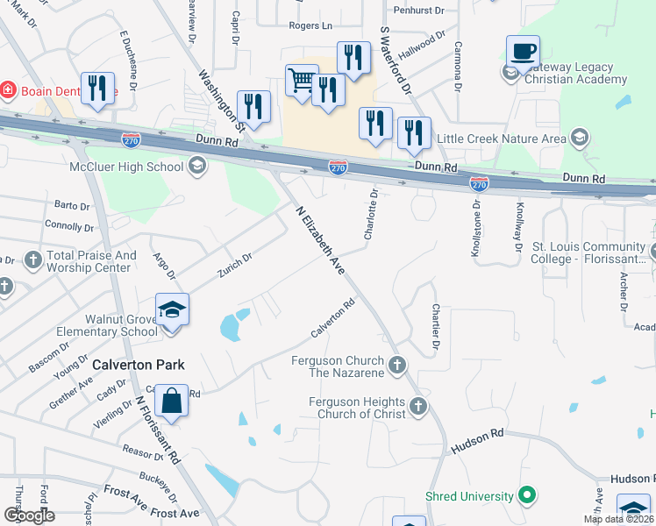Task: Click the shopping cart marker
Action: (302, 82)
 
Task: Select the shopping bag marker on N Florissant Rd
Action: (172, 402)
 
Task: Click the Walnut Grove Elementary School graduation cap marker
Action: (172, 309)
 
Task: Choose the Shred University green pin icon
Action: (527, 496)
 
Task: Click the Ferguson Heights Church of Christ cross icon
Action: (417, 406)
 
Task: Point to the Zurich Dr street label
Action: (235, 264)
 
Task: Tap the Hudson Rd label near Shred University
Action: (477, 441)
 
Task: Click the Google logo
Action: (29, 515)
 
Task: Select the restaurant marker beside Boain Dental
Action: (97, 89)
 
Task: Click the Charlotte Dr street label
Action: (369, 215)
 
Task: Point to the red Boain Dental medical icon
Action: (8, 89)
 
